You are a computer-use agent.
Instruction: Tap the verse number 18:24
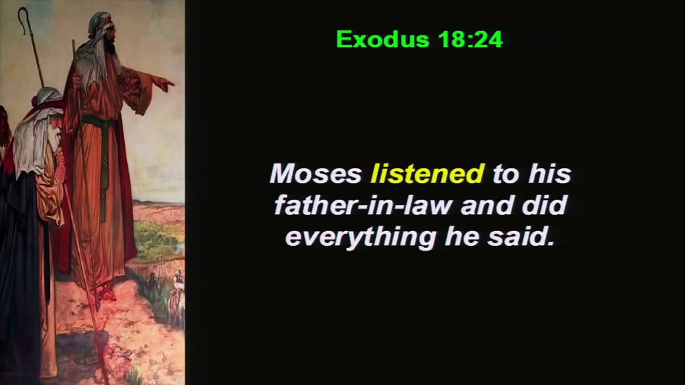coord(470,40)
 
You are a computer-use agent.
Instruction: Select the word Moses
coord(316,174)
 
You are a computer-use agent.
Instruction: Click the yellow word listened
coord(427,174)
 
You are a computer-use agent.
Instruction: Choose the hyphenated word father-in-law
coord(362,205)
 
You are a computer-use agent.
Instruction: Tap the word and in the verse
coord(483,205)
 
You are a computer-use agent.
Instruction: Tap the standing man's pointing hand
coord(163,83)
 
